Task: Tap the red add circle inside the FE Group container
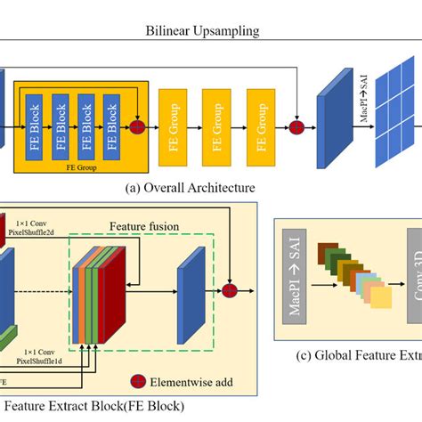click(137, 128)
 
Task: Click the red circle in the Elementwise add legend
click(139, 384)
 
